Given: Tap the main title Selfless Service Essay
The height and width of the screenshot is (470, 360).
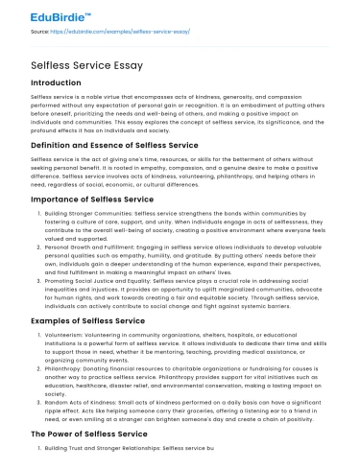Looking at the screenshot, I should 84,65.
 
